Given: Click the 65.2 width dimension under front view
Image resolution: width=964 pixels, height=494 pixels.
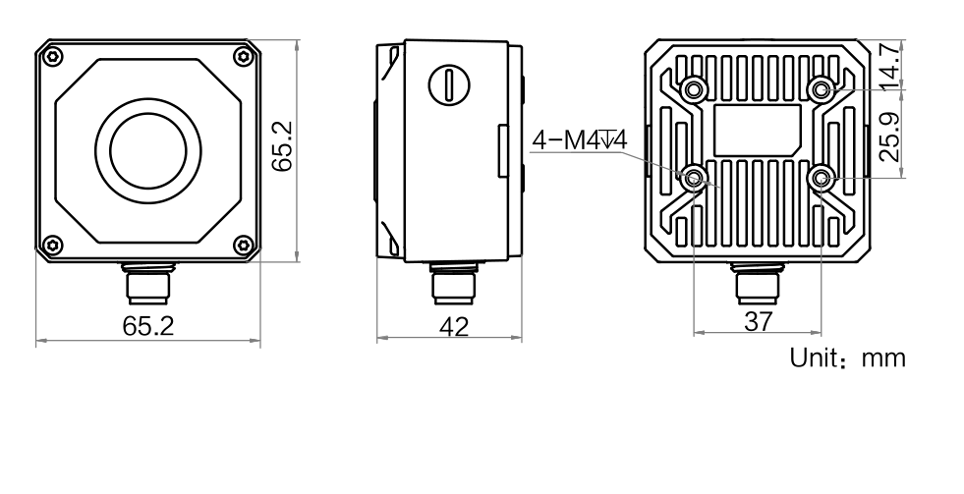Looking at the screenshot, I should pos(147,327).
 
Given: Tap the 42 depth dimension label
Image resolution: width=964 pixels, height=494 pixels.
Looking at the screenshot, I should pos(453,327).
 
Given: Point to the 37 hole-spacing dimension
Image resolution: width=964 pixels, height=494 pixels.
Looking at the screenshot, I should pos(757,321).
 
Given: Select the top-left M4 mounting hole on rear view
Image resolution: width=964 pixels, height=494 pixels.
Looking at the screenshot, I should pos(695,89).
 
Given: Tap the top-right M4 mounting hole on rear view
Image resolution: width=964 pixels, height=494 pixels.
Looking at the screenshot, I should pos(820,89).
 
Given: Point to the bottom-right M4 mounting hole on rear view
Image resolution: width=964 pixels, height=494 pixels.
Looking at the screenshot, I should pos(820,178).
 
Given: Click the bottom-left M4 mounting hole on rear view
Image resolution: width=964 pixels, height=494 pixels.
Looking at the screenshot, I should pos(695,178).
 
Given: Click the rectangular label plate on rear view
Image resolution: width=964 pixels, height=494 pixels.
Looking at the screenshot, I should pos(757,128).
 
